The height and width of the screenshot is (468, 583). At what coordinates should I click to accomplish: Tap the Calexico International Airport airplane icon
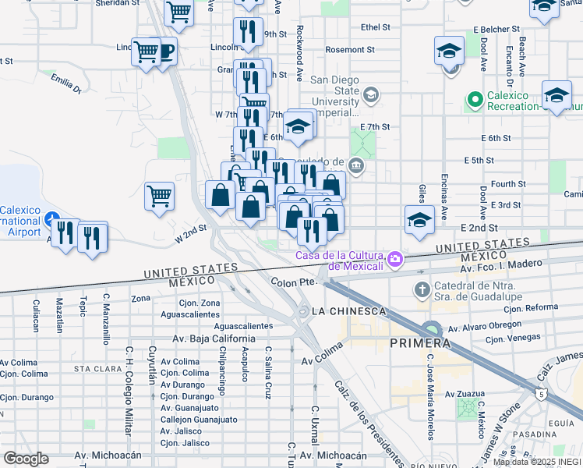(x=51, y=218)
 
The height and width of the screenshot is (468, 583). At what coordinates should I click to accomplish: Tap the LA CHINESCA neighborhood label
(x=348, y=311)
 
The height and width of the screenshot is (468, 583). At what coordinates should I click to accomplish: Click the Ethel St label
(x=375, y=27)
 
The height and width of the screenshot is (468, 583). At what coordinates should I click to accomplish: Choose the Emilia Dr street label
(x=65, y=83)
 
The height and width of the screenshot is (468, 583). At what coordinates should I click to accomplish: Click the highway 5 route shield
(x=540, y=394)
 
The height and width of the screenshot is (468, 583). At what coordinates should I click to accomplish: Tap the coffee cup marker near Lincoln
(x=164, y=51)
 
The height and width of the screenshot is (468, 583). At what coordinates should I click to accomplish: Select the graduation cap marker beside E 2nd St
(x=419, y=220)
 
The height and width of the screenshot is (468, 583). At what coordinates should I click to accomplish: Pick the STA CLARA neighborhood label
(x=94, y=368)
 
